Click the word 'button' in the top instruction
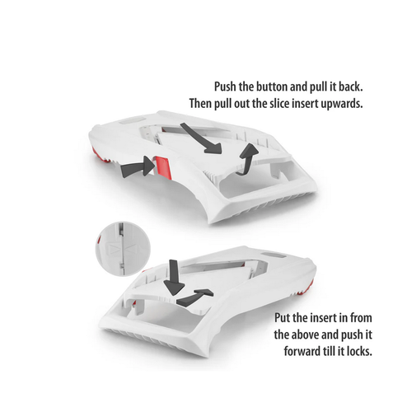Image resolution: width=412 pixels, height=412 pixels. coord(272,87)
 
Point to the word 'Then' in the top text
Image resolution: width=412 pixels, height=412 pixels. coord(200,104)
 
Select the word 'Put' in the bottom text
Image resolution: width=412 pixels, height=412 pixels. coord(282,318)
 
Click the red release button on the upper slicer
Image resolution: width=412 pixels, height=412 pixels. coord(163,167)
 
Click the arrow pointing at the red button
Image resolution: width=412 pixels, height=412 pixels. coord(138,167)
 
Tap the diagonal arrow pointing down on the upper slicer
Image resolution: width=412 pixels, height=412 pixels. coord(200,138)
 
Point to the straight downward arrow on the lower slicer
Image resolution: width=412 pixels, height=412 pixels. coord(173,277)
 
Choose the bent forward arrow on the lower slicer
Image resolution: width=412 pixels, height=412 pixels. coord(194,297)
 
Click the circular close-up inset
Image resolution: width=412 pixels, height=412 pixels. coord(123,248)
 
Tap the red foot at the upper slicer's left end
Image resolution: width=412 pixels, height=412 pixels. coord(99,157)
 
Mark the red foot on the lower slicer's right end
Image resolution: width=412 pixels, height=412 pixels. coord(305,288)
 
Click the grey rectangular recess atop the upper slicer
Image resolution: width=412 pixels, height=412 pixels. coord(133,120)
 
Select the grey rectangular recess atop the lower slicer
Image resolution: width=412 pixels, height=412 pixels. coord(274,255)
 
